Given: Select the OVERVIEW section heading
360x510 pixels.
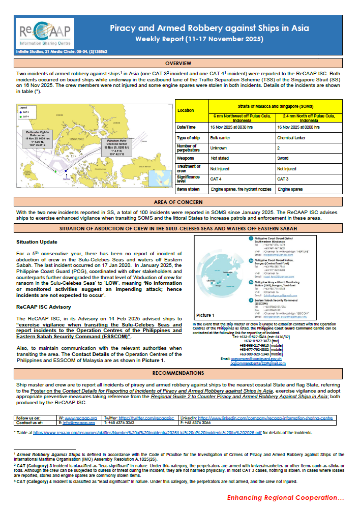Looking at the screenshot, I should point(178,64).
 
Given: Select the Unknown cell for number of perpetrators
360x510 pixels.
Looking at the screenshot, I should point(219,148).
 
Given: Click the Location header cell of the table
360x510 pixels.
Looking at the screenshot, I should point(186,110).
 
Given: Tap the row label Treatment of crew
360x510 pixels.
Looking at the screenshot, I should point(189,168).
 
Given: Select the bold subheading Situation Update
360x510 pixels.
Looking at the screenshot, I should point(37,242).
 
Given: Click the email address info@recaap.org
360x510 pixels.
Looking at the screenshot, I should point(79,423).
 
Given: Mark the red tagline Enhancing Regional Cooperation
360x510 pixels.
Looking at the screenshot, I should point(285,497).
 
